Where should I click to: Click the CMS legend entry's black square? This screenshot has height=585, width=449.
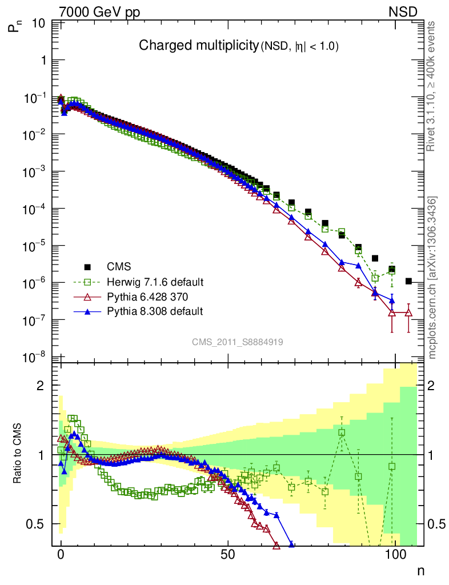(x=87, y=266)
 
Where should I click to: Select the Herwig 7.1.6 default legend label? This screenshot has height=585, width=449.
(x=155, y=282)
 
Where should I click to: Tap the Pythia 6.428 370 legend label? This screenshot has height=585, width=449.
(x=147, y=297)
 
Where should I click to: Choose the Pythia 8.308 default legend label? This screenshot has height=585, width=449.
(x=155, y=311)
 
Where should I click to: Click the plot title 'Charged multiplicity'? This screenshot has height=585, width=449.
(x=198, y=46)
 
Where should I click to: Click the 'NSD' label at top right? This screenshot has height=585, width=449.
(x=404, y=11)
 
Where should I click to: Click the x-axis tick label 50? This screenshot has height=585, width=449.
(x=228, y=555)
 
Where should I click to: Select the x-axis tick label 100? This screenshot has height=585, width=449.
(x=395, y=555)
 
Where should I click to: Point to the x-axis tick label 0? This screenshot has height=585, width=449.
(x=61, y=555)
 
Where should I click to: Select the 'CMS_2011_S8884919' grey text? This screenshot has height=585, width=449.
(x=238, y=342)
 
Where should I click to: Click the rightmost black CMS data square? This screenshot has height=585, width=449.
(x=409, y=281)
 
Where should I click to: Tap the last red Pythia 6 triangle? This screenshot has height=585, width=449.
(x=408, y=312)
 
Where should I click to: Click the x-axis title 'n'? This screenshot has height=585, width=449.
(x=420, y=570)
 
